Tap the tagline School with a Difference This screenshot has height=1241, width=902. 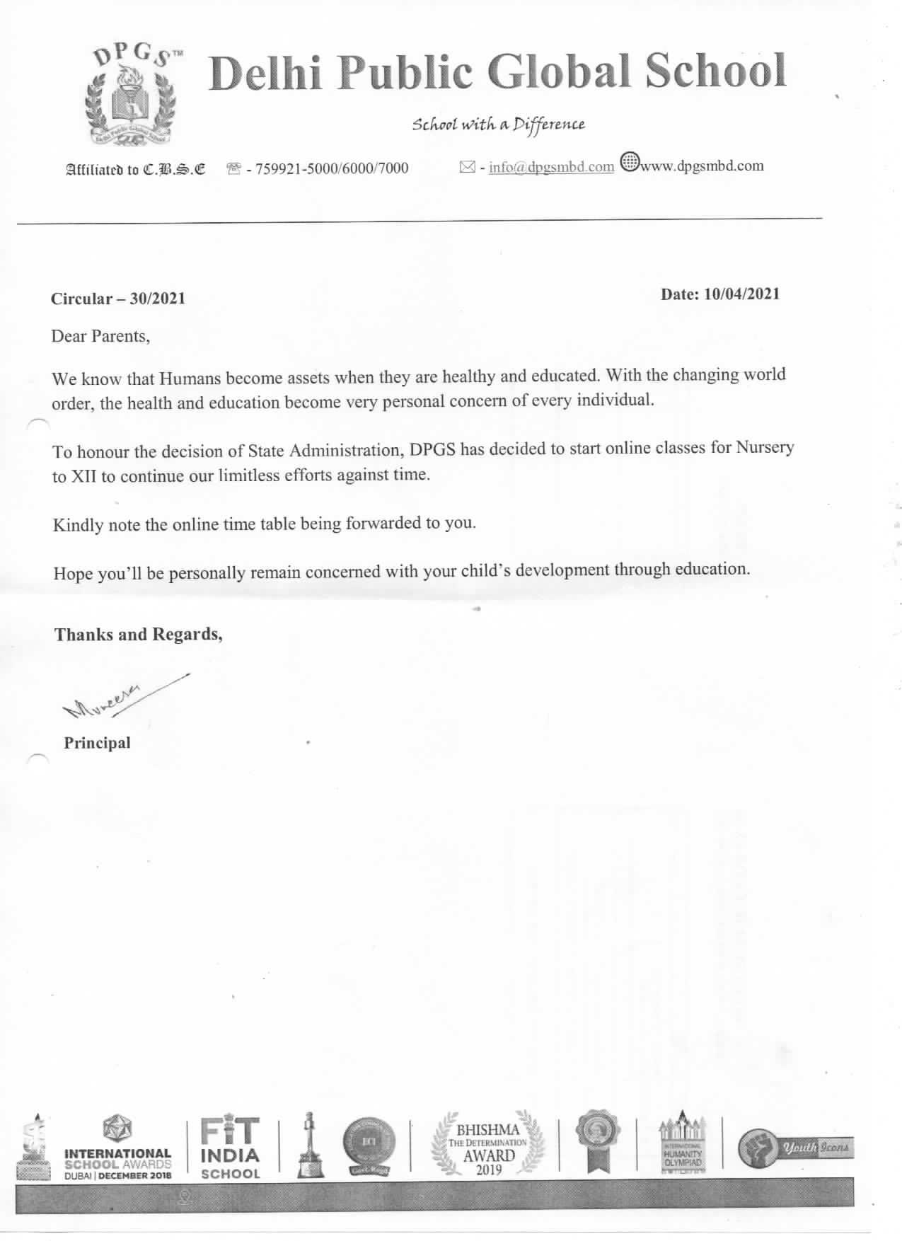click(499, 125)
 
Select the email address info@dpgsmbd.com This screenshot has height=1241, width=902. click(551, 167)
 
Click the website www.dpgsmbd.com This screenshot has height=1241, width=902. click(701, 166)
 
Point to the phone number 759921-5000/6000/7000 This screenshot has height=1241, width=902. click(331, 168)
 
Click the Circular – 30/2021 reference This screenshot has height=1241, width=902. click(118, 299)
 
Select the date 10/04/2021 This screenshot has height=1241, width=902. click(741, 294)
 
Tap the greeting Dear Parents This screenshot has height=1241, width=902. click(100, 336)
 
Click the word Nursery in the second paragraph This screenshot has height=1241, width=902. click(765, 447)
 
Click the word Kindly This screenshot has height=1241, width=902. click(78, 526)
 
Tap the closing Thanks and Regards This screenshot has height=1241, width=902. click(139, 634)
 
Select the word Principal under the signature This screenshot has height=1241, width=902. click(98, 743)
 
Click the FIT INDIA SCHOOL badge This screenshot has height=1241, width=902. click(231, 1148)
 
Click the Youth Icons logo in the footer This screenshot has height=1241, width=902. click(794, 1148)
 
